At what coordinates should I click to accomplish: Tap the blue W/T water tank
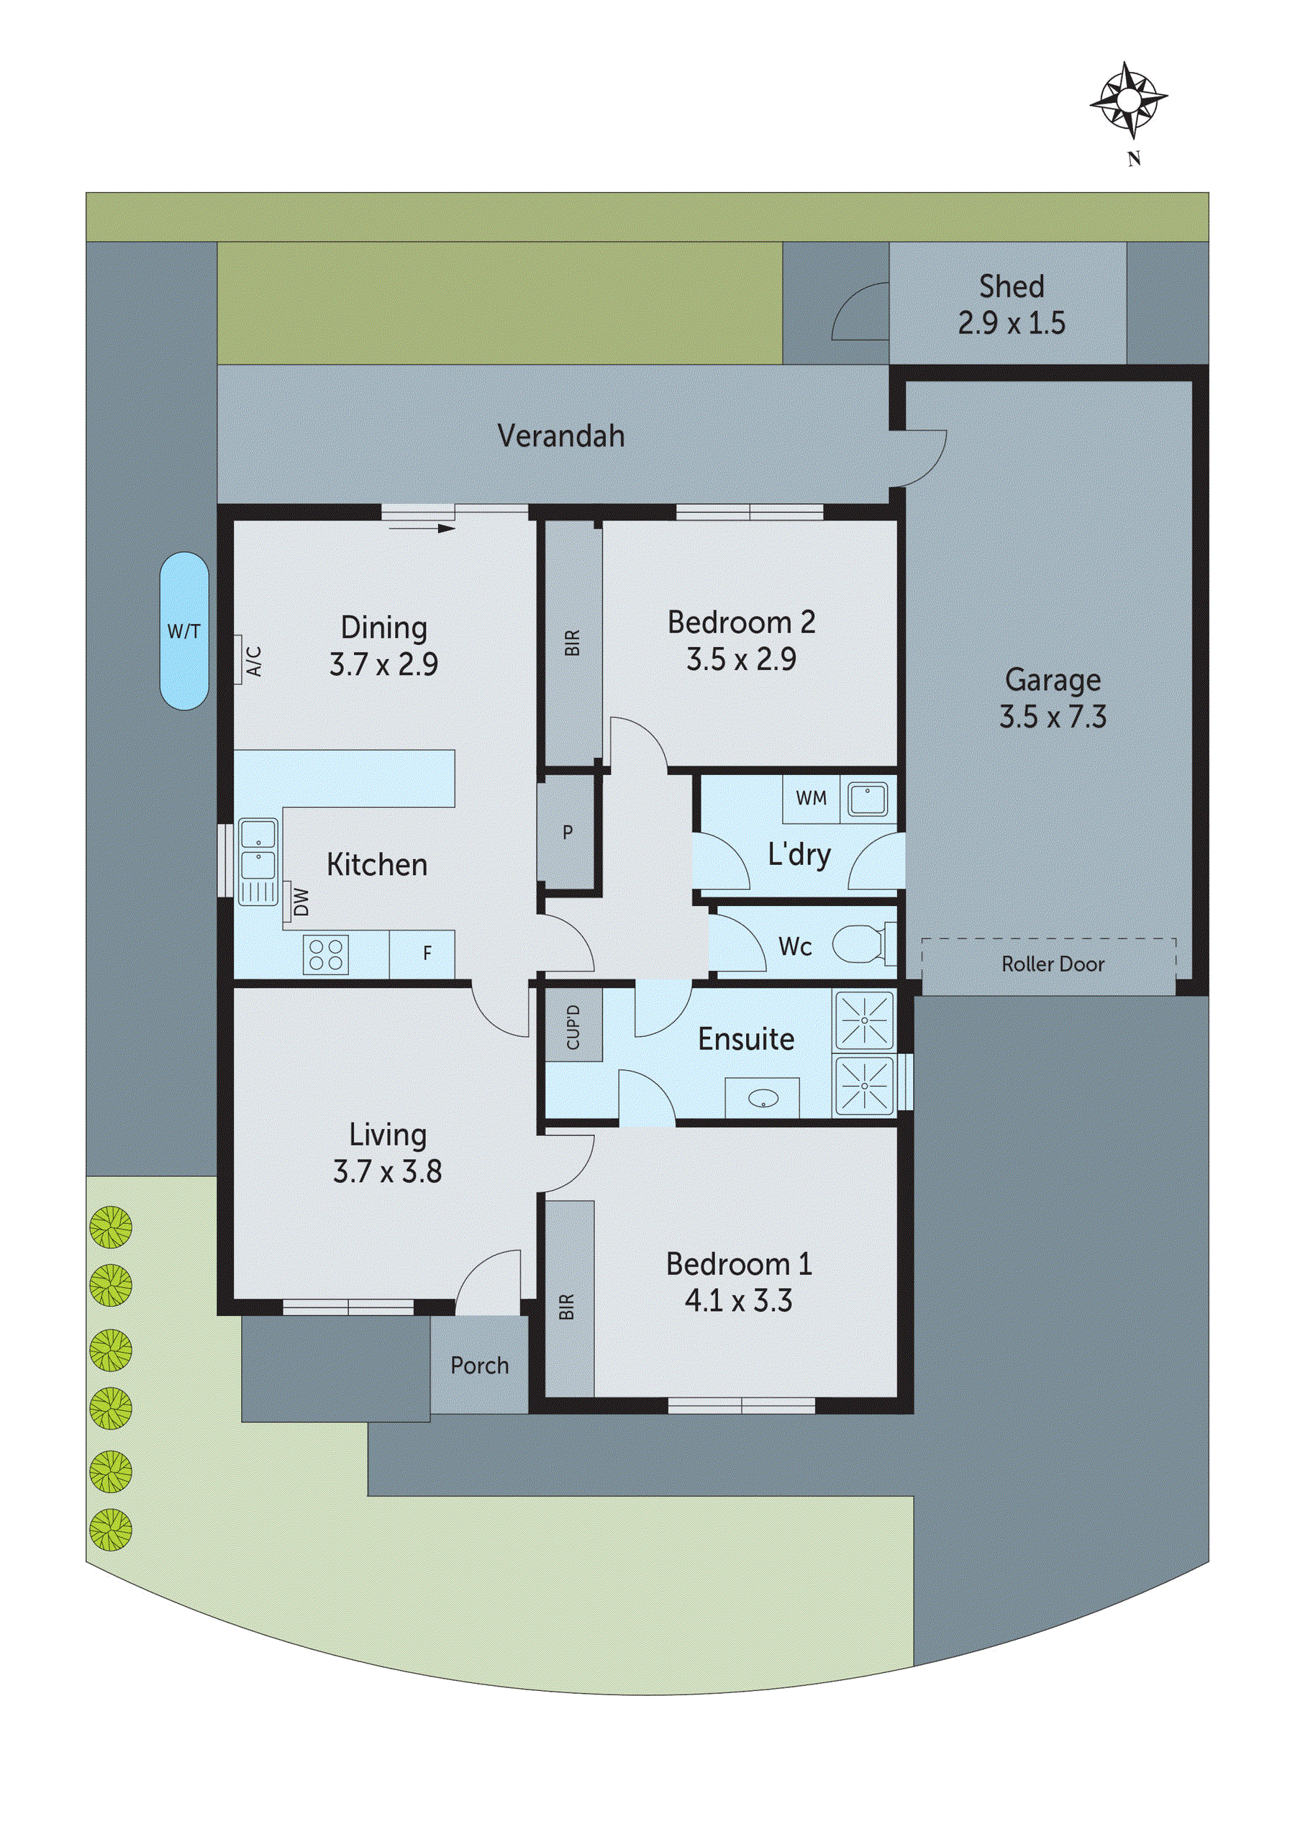tap(183, 631)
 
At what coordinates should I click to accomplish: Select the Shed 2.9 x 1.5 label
tap(1011, 304)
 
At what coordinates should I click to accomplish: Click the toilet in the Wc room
tap(858, 945)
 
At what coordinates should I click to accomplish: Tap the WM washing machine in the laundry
tap(811, 798)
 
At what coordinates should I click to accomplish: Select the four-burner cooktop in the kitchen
tap(325, 954)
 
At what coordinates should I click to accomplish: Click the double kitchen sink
tap(257, 849)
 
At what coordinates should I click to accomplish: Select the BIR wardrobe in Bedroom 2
tap(571, 643)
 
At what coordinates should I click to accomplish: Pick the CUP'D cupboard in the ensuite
tap(573, 1027)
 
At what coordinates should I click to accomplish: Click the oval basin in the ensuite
tap(761, 1099)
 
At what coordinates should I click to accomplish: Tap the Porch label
tap(478, 1365)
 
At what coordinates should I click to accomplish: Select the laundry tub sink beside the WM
tap(868, 799)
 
